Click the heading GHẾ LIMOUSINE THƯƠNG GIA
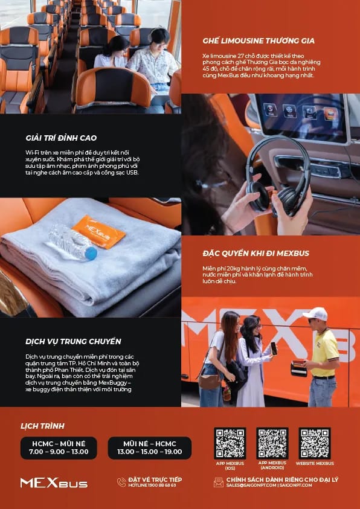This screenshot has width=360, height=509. pos(259,41)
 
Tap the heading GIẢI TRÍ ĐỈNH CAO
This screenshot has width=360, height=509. pos(61,138)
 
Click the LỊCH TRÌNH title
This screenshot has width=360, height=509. pos(42,426)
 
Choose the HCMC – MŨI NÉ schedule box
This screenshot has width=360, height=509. pos(59,447)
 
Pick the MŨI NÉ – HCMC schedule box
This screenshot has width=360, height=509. pos(149,447)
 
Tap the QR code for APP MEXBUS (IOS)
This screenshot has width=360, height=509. pos(230,443)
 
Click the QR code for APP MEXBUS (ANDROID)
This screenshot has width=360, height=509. pos(272,443)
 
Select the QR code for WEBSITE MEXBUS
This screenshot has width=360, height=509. pos(314,443)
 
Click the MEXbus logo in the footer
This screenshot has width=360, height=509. pos(54,482)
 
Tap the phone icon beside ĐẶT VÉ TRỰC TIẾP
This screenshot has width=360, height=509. pos(121,482)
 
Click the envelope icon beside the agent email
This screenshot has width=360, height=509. pos(219,482)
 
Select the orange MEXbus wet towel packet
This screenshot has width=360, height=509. pos(98,231)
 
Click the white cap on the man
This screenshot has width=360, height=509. pos(315,314)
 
